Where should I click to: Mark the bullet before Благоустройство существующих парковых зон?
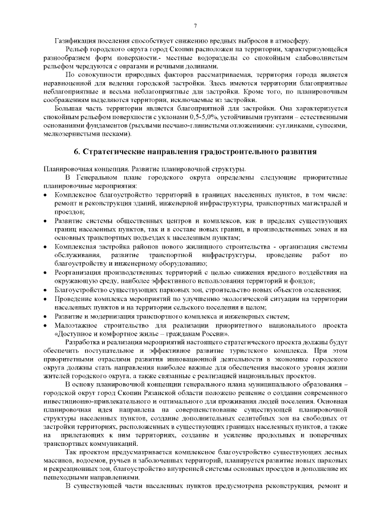[46, 290]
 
